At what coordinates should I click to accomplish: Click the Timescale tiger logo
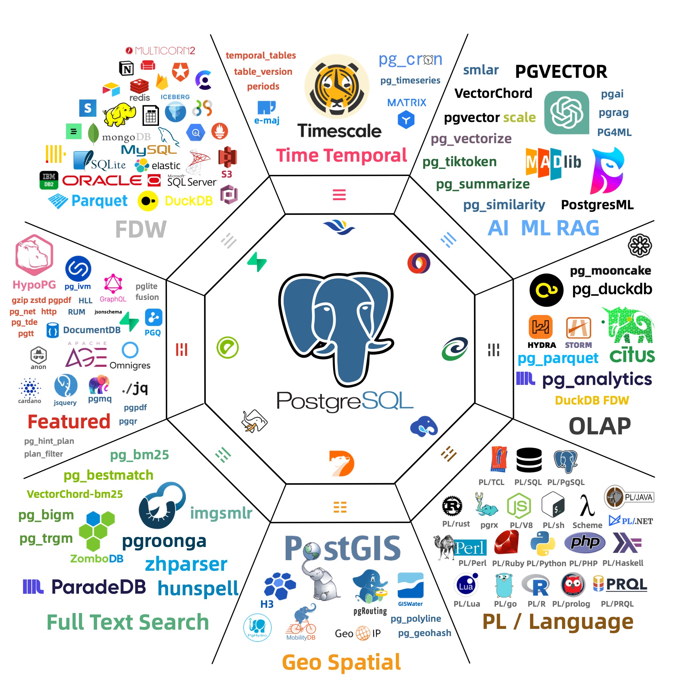337,87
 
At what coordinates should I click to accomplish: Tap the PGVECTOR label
561,72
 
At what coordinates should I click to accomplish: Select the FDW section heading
141,229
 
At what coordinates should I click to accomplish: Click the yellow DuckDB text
189,201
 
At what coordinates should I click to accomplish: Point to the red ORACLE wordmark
102,181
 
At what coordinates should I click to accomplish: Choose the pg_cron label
410,60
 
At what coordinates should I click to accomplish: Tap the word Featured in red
69,422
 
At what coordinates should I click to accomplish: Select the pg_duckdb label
612,289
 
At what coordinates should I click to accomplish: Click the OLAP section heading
599,426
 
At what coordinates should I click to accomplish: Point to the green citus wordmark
632,355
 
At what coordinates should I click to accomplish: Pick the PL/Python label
546,563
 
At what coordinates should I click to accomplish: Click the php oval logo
585,543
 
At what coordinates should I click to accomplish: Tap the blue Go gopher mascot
504,585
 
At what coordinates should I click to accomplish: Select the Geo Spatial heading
341,662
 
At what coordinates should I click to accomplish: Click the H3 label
267,604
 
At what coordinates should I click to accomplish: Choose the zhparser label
186,564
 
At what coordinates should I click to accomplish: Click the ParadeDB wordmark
98,587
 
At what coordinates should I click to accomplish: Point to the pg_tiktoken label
459,162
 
